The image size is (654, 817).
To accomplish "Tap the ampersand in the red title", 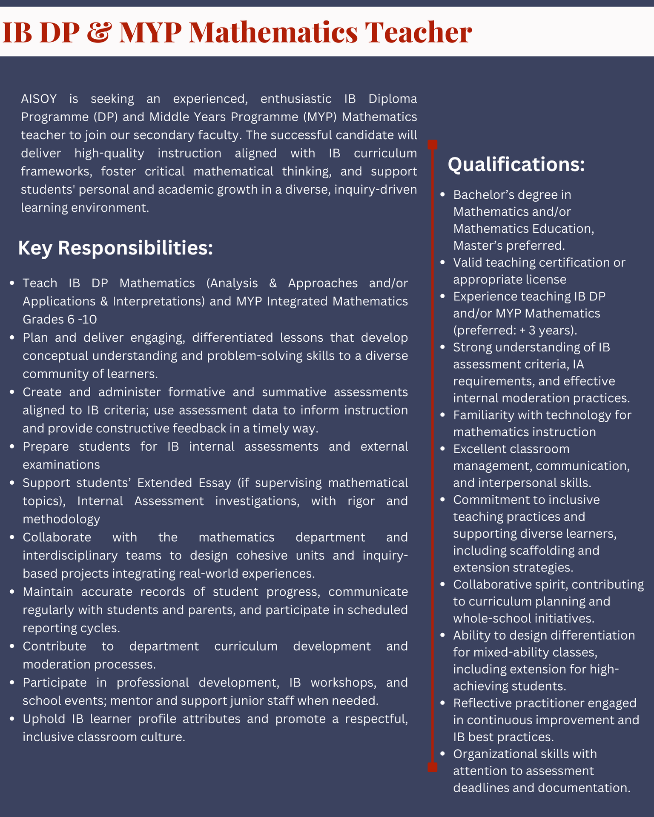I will [99, 33].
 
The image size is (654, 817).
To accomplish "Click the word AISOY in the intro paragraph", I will [39, 99].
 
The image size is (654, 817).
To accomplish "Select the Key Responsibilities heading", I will [115, 248].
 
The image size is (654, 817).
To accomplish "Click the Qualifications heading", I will [516, 165].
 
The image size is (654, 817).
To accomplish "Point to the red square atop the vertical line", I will [432, 145].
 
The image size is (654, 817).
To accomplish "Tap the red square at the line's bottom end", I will [432, 767].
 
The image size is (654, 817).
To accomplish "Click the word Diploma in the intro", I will [393, 99].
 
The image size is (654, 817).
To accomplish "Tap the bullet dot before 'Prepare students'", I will [12, 447].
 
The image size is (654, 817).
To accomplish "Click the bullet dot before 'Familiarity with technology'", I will [443, 415].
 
